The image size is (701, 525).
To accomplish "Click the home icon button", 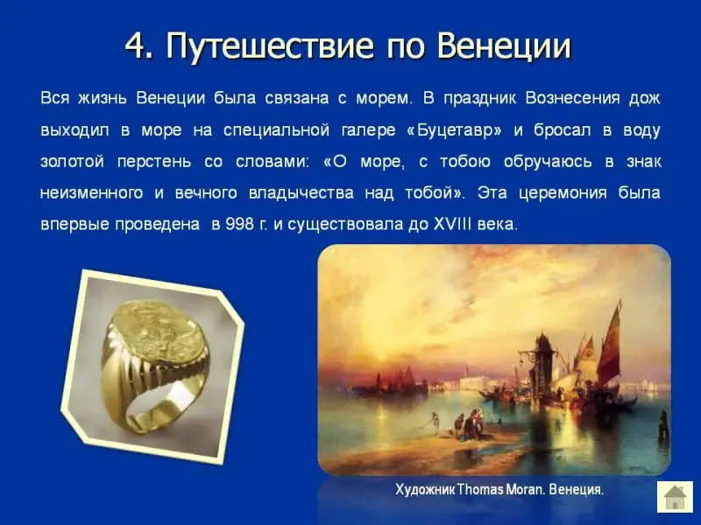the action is click(674, 497).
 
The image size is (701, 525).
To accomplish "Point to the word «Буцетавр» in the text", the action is click(455, 130).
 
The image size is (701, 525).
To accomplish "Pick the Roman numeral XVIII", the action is click(452, 224).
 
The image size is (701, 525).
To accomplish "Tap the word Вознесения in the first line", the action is click(573, 98).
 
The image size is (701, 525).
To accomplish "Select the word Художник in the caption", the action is click(425, 490).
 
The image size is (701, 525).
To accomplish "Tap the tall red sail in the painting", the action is click(611, 343).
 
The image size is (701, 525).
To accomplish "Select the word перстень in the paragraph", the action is click(154, 162).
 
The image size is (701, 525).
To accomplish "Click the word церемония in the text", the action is click(563, 192).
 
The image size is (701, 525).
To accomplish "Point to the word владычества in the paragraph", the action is click(301, 192).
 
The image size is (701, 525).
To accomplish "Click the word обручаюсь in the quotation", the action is click(548, 162).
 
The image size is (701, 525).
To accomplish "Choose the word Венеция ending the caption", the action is click(576, 490).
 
